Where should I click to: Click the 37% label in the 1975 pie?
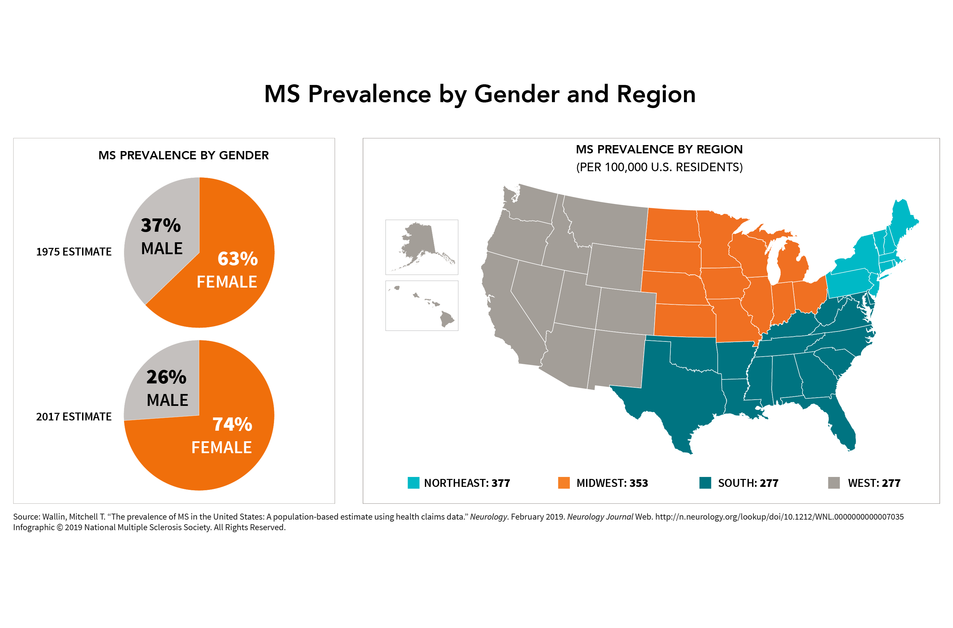pyautogui.click(x=161, y=225)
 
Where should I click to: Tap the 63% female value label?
pyautogui.click(x=237, y=259)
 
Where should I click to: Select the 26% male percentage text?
pyautogui.click(x=166, y=377)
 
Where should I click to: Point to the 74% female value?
pyautogui.click(x=232, y=424)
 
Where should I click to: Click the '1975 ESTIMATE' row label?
pyautogui.click(x=74, y=252)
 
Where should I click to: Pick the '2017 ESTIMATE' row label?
pyautogui.click(x=74, y=416)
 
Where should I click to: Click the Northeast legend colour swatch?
pyautogui.click(x=413, y=483)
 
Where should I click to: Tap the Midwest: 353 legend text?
pyautogui.click(x=612, y=483)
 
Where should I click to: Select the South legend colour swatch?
pyautogui.click(x=705, y=483)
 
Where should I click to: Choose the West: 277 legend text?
pyautogui.click(x=874, y=483)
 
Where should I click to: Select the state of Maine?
pyautogui.click(x=904, y=220)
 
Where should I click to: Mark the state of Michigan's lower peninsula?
pyautogui.click(x=792, y=264)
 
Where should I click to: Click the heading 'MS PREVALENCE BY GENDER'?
pyautogui.click(x=184, y=155)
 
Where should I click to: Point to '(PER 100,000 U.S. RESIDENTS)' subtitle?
pyautogui.click(x=659, y=167)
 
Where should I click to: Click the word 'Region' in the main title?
pyautogui.click(x=656, y=95)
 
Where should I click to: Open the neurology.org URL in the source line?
pyautogui.click(x=779, y=517)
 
